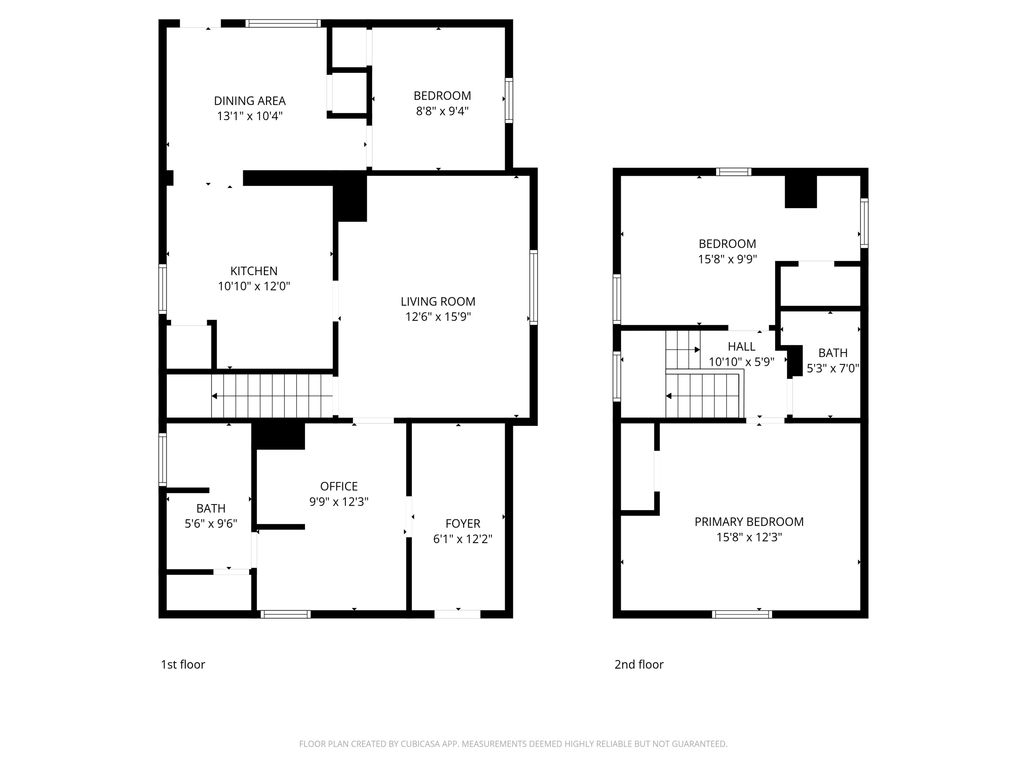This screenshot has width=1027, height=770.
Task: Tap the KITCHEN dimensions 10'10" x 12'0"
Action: [254, 286]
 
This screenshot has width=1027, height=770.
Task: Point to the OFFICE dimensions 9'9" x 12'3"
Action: [339, 501]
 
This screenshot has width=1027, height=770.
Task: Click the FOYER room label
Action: [463, 524]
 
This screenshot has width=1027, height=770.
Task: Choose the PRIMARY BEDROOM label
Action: [749, 522]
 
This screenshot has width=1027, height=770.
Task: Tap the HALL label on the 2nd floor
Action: [741, 346]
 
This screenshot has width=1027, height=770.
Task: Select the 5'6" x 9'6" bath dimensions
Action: [211, 524]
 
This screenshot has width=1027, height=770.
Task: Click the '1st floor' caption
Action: [183, 664]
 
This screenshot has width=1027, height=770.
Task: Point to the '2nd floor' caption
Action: [639, 664]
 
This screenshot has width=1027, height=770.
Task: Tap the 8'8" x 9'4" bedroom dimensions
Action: [442, 111]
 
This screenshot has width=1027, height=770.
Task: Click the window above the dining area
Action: [283, 23]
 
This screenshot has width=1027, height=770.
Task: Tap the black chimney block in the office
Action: [278, 436]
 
